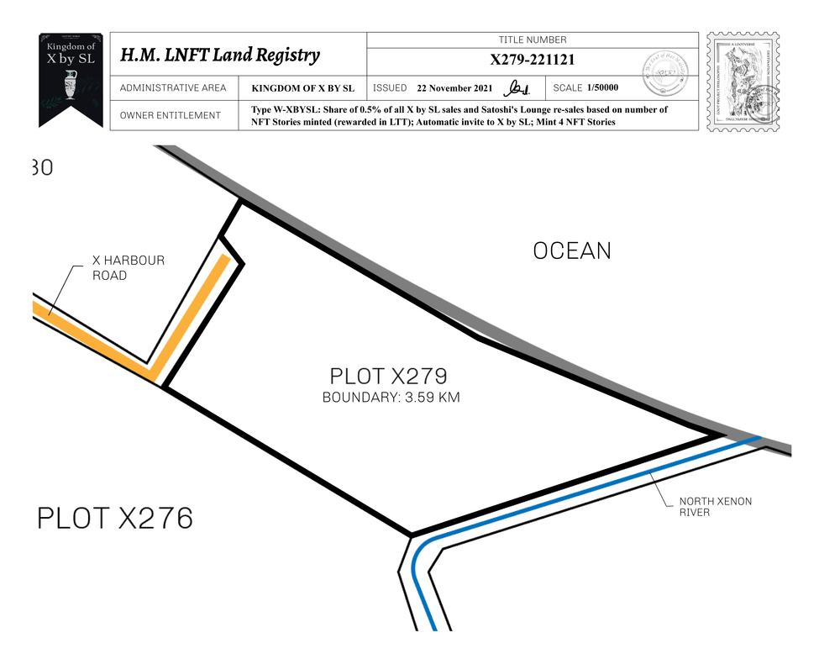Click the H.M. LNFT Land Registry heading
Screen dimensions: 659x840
[220, 55]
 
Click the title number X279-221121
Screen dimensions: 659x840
[532, 60]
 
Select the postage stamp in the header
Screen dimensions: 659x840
[743, 82]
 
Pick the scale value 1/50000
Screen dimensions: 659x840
[602, 87]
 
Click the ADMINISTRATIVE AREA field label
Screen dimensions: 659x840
[173, 88]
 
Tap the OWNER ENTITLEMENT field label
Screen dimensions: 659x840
[171, 115]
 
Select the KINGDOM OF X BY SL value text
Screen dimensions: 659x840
[302, 88]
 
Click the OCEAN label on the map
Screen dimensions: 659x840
[572, 250]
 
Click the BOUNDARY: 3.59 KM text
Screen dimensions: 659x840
[391, 398]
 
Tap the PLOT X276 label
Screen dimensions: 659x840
[115, 518]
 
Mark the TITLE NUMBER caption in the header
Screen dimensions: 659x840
[533, 40]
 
